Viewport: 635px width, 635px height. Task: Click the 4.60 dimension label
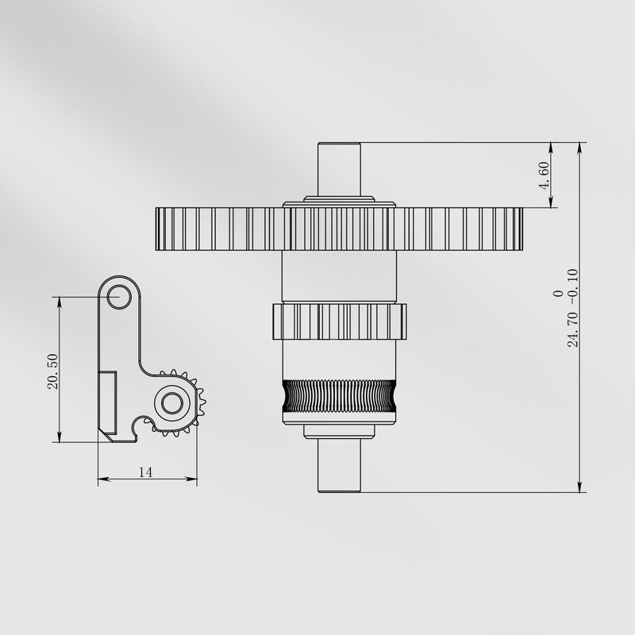(545, 175)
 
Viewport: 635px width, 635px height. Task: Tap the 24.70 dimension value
(572, 329)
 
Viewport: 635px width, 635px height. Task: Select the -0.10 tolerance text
(572, 287)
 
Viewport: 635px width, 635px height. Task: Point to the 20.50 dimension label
(52, 371)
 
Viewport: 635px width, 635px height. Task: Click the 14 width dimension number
(145, 472)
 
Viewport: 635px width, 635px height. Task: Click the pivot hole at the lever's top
(119, 296)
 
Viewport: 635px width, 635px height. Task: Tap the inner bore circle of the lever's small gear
(171, 403)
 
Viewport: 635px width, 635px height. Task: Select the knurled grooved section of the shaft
(339, 396)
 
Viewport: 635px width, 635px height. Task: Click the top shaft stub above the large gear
(339, 169)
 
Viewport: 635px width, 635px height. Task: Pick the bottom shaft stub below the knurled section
(339, 466)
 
